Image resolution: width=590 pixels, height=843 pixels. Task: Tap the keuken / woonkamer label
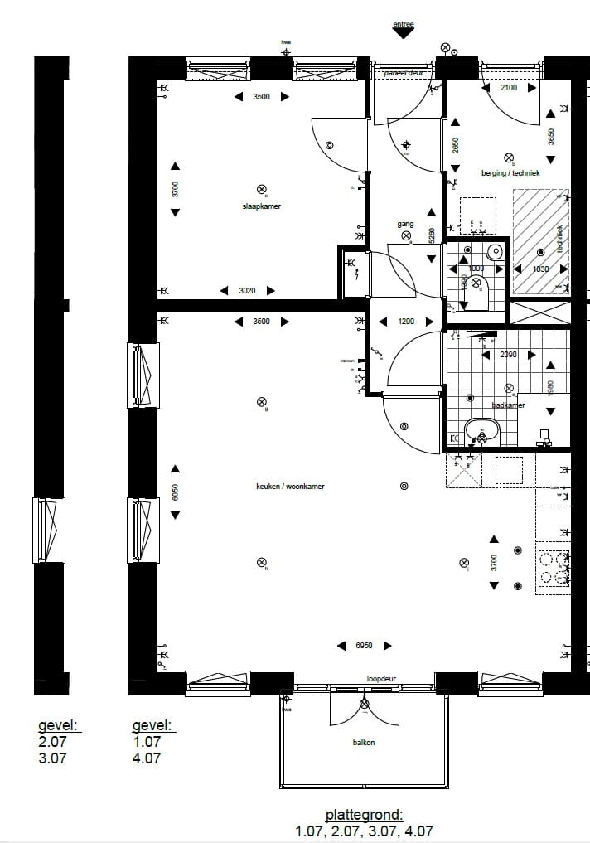[290, 487]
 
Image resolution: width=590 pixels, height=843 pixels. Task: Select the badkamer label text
[508, 405]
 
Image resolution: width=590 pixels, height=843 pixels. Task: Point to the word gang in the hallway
[405, 225]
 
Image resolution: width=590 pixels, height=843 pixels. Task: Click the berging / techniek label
[510, 173]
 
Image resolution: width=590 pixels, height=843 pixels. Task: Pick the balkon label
[363, 743]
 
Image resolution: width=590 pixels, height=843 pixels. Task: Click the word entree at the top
[403, 25]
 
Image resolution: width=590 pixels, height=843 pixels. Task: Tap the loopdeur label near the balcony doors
[381, 679]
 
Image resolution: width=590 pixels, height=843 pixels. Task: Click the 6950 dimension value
[365, 646]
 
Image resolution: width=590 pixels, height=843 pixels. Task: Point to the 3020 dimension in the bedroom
[248, 290]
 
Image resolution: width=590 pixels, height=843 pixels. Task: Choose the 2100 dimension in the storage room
[509, 88]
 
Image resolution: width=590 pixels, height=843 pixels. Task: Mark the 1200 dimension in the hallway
[405, 322]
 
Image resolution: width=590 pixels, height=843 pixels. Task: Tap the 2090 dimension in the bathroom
[508, 355]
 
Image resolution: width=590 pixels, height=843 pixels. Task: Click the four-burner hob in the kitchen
[554, 568]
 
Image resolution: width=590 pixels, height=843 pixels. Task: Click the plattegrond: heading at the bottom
[364, 816]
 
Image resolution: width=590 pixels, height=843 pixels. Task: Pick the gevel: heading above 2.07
[59, 726]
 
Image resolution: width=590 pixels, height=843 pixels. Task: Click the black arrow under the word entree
[403, 35]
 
